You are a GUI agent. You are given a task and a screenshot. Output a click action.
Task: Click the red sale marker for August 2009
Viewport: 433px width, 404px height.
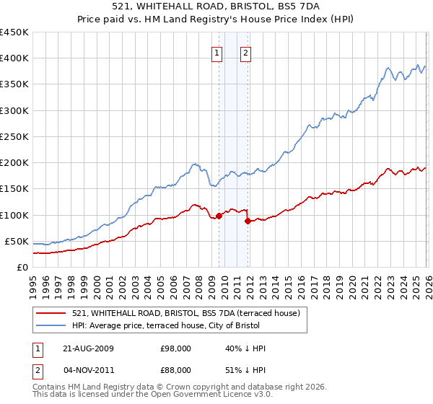pyautogui.click(x=219, y=216)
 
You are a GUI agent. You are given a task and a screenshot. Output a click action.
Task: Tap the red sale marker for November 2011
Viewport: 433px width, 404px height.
pyautogui.click(x=247, y=221)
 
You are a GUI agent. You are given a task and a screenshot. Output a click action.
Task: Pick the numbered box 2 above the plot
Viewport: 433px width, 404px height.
pyautogui.click(x=246, y=52)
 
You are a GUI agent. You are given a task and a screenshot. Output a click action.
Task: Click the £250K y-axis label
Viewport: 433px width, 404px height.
pyautogui.click(x=14, y=136)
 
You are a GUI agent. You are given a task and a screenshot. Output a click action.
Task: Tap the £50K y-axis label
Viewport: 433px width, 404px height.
pyautogui.click(x=17, y=241)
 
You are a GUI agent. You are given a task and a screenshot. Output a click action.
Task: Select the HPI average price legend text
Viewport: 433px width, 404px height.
pyautogui.click(x=190, y=325)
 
